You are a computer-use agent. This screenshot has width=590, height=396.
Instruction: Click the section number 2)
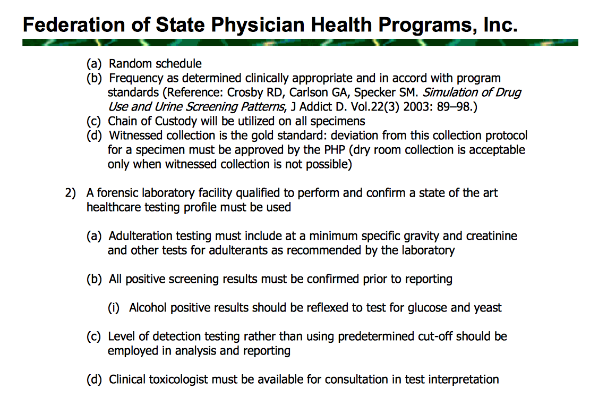[x=71, y=192]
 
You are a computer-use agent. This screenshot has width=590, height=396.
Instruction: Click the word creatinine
[x=492, y=235]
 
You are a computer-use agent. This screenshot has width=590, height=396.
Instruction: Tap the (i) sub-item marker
[x=114, y=307]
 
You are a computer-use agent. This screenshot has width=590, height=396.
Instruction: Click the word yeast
[x=487, y=307]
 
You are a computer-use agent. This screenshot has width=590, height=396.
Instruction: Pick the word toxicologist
[x=176, y=379]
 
